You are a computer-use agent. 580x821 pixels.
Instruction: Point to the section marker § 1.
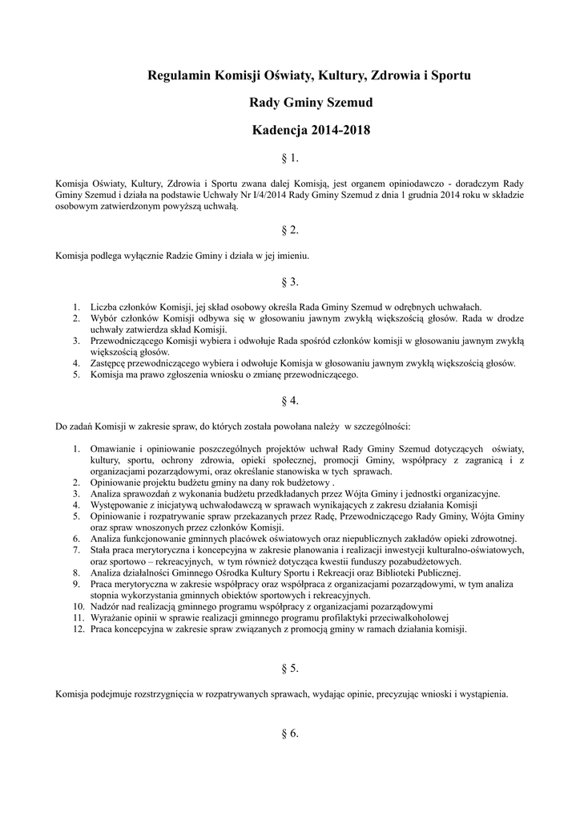[289, 158]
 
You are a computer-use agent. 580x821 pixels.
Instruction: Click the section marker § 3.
[289, 281]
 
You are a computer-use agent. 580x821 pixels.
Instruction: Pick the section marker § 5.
[289, 667]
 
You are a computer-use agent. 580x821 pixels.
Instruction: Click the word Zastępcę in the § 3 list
[111, 363]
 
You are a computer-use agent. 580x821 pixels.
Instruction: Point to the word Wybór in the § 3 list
[105, 318]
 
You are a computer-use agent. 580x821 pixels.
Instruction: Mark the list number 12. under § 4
[77, 629]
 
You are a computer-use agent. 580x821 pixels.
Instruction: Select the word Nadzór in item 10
[106, 607]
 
